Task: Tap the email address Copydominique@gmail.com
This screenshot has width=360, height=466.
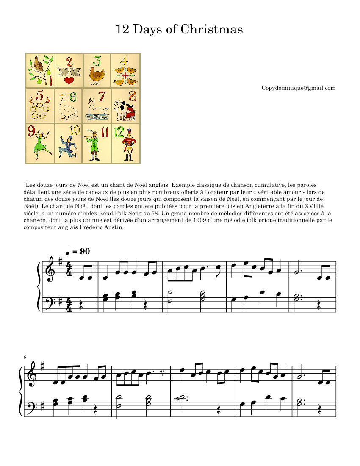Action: click(298, 88)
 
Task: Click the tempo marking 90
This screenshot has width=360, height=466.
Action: click(85, 251)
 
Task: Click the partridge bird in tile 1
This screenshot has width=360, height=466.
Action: click(39, 64)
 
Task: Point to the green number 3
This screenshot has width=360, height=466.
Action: click(97, 60)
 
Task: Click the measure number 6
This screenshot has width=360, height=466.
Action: click(25, 358)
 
